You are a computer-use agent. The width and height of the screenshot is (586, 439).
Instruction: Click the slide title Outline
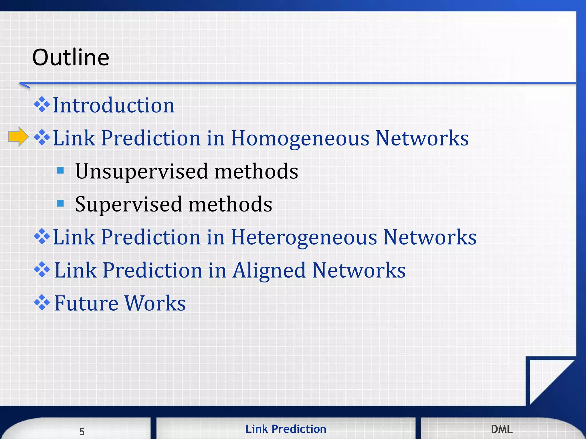click(x=71, y=57)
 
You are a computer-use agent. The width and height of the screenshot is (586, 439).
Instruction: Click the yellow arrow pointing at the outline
click(x=18, y=137)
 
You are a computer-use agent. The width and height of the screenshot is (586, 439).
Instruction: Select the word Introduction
click(x=114, y=105)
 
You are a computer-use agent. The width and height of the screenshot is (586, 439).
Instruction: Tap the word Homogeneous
click(x=300, y=139)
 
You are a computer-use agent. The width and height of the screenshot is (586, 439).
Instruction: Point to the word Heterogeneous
click(x=304, y=238)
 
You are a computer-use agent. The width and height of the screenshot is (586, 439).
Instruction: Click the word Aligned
click(x=269, y=271)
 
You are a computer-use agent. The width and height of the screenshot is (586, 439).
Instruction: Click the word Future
click(x=86, y=303)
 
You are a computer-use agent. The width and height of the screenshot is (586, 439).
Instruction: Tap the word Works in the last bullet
click(x=155, y=303)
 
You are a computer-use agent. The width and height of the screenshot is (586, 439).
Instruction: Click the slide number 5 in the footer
click(x=82, y=432)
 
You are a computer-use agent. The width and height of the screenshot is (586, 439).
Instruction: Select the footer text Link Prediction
click(x=286, y=429)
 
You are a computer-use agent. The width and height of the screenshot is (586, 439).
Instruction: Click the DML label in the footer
click(x=502, y=429)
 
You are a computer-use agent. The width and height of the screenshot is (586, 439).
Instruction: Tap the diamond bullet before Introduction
click(x=42, y=105)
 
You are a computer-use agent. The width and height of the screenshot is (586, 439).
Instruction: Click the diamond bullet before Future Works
click(x=42, y=302)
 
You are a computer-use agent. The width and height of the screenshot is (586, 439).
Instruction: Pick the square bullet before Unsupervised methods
click(x=60, y=171)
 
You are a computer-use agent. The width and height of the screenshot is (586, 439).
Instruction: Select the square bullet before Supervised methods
click(x=60, y=203)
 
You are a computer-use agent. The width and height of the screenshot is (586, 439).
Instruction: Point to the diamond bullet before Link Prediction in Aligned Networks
click(x=42, y=270)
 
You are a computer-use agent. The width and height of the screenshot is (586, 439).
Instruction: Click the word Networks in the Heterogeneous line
click(x=430, y=238)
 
